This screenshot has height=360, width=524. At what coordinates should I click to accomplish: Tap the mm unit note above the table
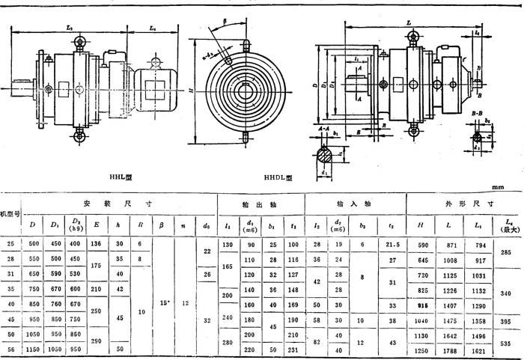(x=497, y=187)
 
